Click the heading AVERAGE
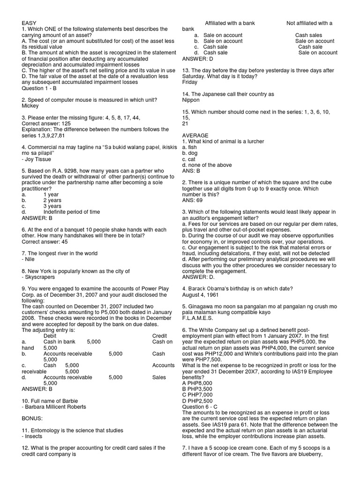pos(195,135)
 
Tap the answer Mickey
pos(30,106)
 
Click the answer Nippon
pos(191,100)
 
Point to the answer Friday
pos(190,82)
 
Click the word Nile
pos(30,259)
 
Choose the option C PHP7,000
pos(197,395)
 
